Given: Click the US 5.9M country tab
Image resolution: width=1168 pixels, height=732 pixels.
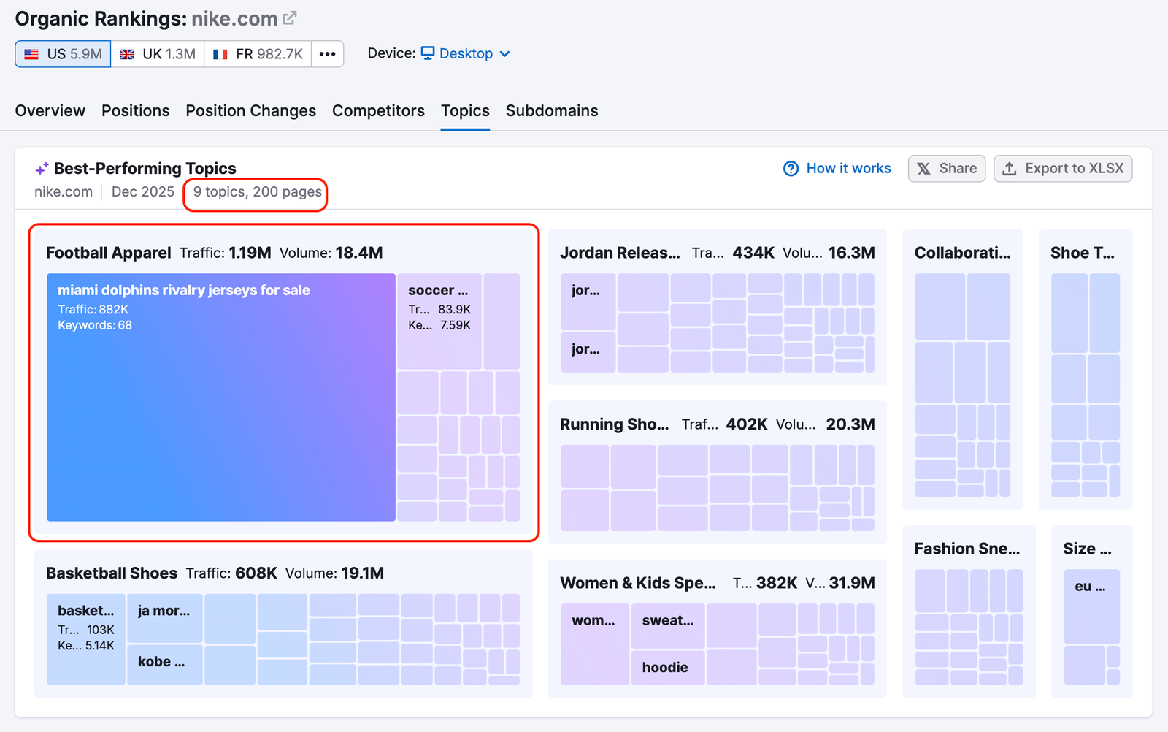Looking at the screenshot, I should point(63,54).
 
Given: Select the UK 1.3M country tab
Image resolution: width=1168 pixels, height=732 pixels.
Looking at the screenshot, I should point(158,54).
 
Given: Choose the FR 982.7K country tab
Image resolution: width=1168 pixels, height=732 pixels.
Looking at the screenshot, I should point(258,54).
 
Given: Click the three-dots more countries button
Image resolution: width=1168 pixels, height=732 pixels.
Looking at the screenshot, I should point(327,54).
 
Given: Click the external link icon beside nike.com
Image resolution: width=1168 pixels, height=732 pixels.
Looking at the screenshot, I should point(290,18).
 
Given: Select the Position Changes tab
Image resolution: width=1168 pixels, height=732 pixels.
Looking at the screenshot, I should point(250,111).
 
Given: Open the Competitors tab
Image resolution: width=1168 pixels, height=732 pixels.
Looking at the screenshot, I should point(378,111).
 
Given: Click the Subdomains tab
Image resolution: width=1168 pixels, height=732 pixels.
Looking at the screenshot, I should point(551,111).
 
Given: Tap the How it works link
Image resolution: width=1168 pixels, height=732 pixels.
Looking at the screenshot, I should point(837,169).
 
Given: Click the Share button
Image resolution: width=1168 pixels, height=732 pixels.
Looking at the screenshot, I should point(946,169).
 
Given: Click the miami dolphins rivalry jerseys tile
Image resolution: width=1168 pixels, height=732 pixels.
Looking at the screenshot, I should point(220,397).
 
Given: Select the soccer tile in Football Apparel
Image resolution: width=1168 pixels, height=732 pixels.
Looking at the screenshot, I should point(439,321).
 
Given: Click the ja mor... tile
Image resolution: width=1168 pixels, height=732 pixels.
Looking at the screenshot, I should point(164,618).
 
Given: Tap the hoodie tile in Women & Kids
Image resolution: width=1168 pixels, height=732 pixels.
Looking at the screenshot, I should point(667,667).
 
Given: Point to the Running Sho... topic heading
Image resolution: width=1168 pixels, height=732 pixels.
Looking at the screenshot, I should point(614,424).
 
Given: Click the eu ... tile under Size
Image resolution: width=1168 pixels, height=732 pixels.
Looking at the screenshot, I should point(1091,606).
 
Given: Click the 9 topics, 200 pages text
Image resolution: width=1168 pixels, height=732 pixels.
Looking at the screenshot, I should point(257,192).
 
